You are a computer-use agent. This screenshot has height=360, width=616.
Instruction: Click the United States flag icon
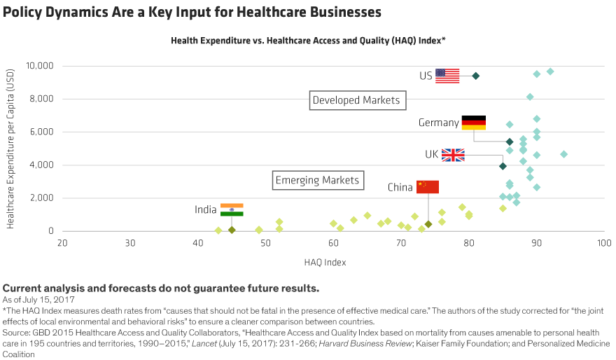[447, 76]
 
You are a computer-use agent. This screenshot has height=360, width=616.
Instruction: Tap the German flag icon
[473, 125]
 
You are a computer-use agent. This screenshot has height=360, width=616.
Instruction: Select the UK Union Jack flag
[453, 155]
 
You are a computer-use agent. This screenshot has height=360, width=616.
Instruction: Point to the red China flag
[428, 186]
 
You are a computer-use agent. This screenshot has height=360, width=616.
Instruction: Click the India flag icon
[232, 209]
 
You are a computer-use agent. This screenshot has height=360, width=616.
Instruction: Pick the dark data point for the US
[476, 76]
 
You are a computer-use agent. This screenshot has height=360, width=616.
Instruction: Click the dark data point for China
[428, 224]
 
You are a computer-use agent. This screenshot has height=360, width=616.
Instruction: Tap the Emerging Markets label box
[318, 181]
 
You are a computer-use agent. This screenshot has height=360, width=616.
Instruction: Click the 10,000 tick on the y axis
[39, 66]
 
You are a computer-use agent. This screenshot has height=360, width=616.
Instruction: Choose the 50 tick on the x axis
[265, 243]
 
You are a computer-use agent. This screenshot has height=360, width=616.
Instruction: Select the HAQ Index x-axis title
[325, 263]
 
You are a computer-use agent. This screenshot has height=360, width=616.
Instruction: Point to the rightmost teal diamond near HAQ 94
[564, 154]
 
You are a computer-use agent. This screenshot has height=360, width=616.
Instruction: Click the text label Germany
[438, 123]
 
